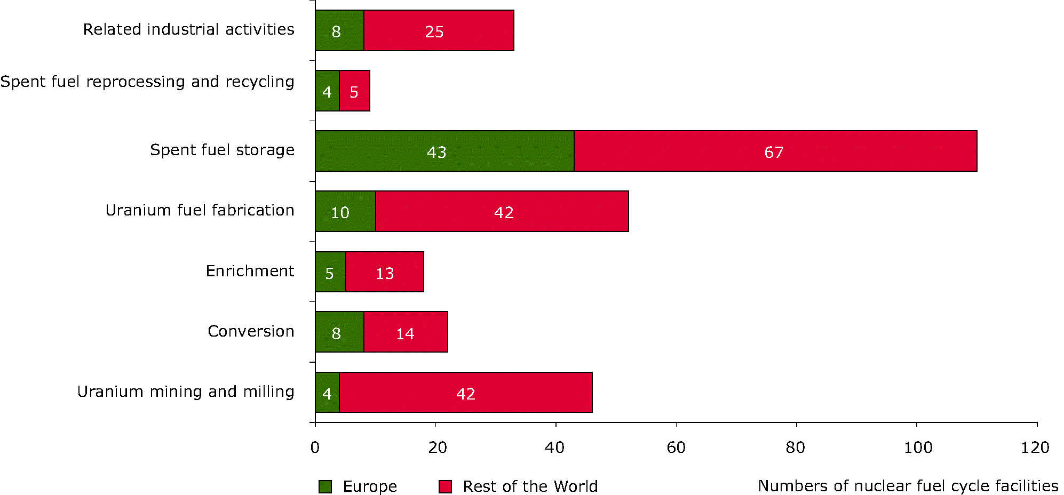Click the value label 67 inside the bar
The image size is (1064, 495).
tap(774, 153)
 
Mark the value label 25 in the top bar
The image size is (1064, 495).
tap(434, 32)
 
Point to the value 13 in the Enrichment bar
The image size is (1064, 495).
tap(385, 274)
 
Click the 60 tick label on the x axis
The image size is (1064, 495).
tap(676, 448)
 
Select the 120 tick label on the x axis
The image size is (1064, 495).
tap(1035, 448)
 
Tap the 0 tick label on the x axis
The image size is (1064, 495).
tap(315, 448)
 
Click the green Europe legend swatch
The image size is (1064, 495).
tap(325, 486)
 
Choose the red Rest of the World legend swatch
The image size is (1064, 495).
tap(445, 486)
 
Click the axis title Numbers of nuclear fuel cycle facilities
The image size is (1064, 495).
tap(908, 486)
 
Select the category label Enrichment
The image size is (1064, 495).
tap(250, 271)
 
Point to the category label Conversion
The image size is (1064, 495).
tap(251, 331)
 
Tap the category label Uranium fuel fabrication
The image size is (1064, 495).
tap(200, 210)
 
